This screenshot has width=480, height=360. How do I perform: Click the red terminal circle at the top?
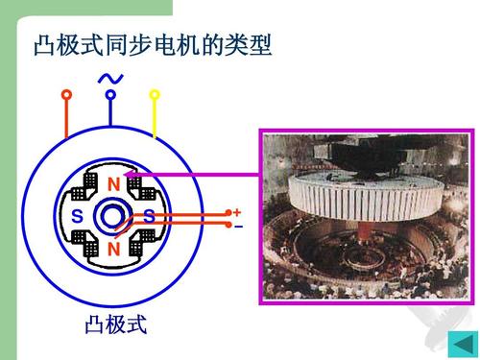click(x=66, y=95)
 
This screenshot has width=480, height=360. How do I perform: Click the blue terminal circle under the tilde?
click(x=110, y=95)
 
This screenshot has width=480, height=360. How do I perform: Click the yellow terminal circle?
click(x=155, y=94)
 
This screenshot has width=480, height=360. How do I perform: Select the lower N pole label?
click(x=113, y=249)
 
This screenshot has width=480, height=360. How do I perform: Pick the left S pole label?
click(x=77, y=217)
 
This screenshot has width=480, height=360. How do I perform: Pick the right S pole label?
click(x=150, y=217)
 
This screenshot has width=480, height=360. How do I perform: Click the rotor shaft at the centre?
click(x=113, y=217)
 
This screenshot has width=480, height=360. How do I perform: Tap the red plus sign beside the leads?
click(x=237, y=212)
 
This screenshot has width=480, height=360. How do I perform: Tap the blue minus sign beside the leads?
click(x=238, y=228)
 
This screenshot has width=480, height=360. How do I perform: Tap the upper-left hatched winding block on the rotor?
click(x=94, y=184)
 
